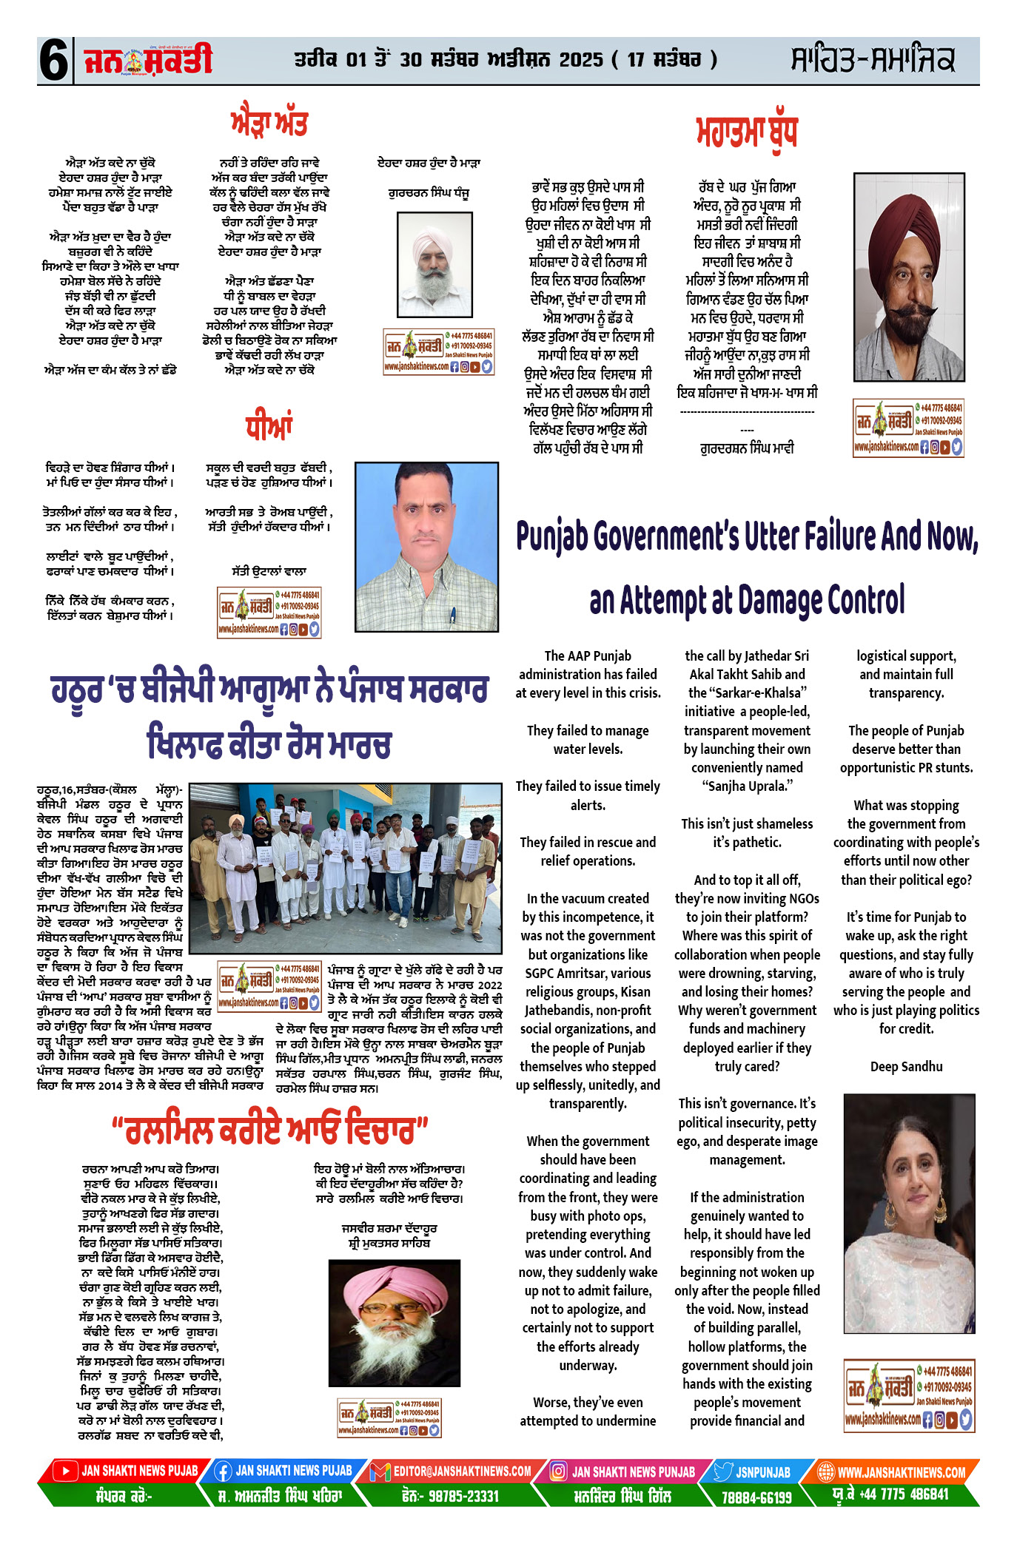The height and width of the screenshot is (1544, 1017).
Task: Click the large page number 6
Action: pos(53,61)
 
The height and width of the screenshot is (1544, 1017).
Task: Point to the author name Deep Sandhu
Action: pos(906,1066)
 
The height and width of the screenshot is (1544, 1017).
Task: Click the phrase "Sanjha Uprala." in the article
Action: pos(747,786)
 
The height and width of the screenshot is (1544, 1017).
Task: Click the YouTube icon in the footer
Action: pos(66,1471)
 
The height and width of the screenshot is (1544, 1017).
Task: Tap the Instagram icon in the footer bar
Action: pos(559,1471)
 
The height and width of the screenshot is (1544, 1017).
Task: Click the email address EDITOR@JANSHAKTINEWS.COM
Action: pos(462,1471)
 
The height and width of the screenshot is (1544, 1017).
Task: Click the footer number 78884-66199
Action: pos(756,1497)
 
